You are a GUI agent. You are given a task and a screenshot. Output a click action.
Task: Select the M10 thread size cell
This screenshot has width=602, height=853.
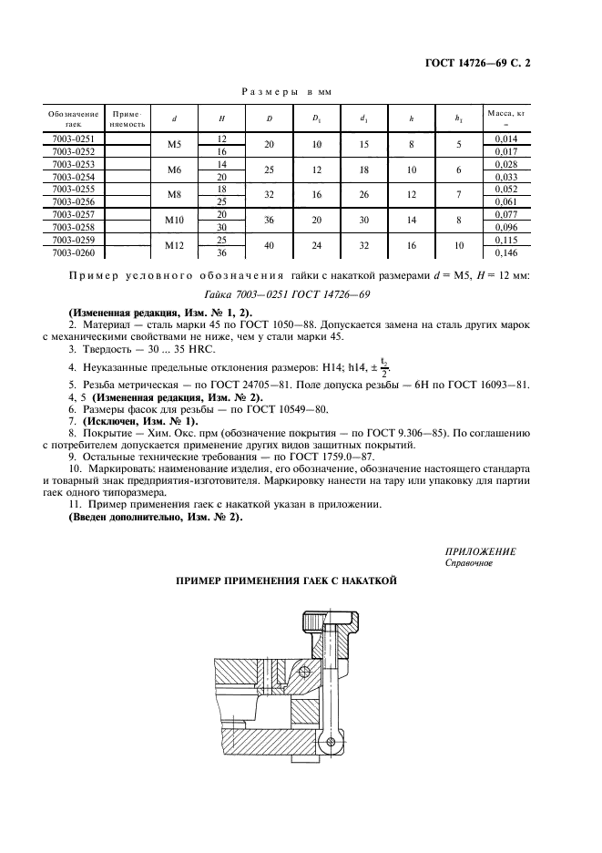point(173,220)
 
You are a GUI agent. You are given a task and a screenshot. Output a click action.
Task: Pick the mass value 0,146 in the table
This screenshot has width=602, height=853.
point(505,252)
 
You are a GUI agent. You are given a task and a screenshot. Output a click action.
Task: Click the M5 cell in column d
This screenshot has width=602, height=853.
point(173,143)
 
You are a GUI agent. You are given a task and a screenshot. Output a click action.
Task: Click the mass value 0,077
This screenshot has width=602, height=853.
point(505,214)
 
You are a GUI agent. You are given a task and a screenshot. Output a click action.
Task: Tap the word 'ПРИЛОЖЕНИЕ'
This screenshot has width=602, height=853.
point(480,551)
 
